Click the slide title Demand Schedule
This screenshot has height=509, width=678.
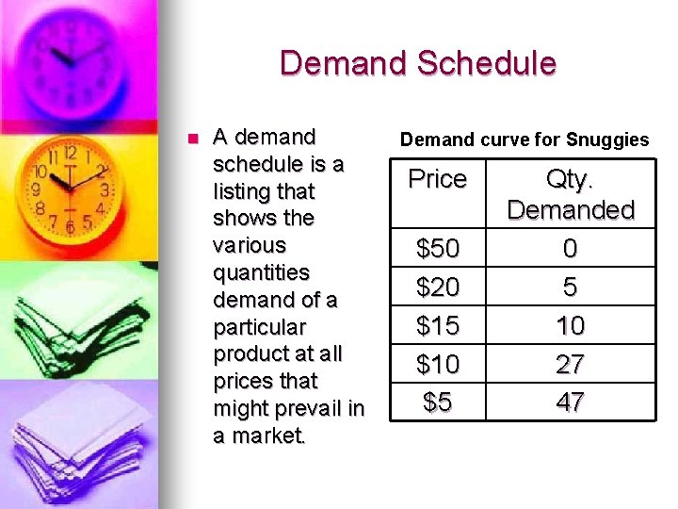click(x=417, y=63)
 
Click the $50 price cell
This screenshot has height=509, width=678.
click(x=438, y=249)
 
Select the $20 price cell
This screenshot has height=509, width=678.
click(x=438, y=287)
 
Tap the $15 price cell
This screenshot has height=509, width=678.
click(x=438, y=325)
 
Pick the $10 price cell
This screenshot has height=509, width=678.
click(x=438, y=364)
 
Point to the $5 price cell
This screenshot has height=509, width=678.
click(x=438, y=402)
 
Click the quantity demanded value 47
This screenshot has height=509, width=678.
click(x=571, y=402)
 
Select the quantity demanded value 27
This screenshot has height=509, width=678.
click(x=571, y=364)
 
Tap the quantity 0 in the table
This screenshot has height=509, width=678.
click(x=571, y=249)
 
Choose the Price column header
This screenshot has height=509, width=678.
click(x=438, y=179)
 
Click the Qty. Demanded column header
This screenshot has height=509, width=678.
click(x=571, y=194)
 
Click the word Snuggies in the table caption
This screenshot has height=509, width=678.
click(x=607, y=140)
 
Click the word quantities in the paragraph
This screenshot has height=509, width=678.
click(x=262, y=272)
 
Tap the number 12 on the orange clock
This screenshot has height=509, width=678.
click(x=71, y=151)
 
